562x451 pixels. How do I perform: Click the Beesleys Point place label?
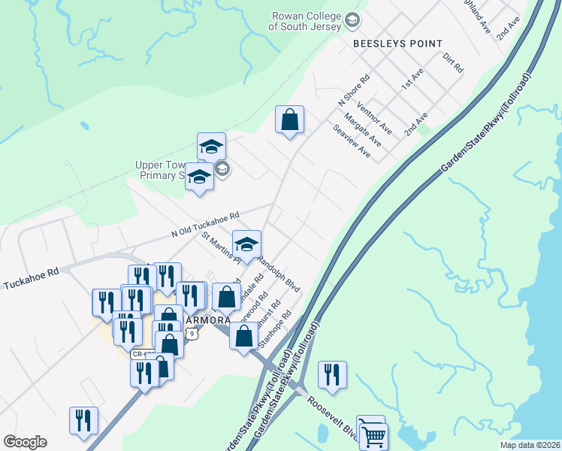click(x=398, y=44)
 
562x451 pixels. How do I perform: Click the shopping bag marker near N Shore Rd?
click(x=289, y=120)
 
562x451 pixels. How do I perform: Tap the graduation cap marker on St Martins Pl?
click(x=246, y=244)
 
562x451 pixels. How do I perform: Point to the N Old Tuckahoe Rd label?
click(x=205, y=223)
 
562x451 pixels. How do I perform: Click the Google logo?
click(x=25, y=442)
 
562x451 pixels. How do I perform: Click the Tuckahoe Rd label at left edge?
click(x=31, y=279)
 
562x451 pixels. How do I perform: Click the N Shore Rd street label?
click(x=355, y=89)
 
